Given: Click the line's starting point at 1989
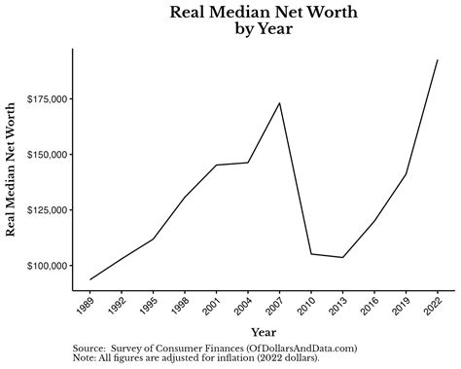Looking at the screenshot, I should point(90,279).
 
